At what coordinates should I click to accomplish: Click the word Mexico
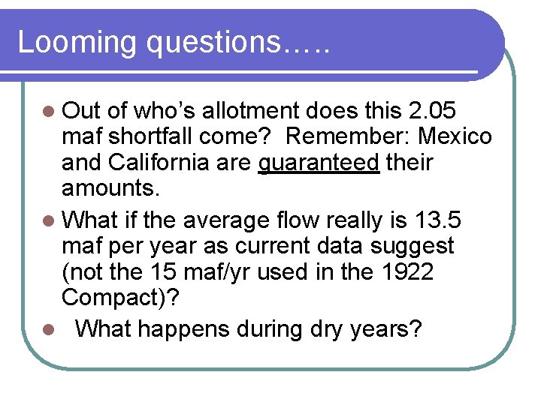click(456, 137)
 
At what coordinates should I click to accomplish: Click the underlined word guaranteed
click(319, 162)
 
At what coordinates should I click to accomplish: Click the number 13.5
click(439, 220)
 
